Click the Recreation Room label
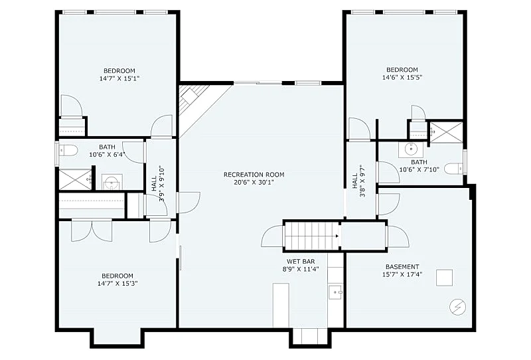click(x=254, y=175)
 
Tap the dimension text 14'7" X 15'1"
click(x=119, y=78)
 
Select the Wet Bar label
click(x=301, y=261)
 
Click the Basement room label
click(x=402, y=267)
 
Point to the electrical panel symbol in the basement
click(x=457, y=307)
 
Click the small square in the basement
click(x=444, y=278)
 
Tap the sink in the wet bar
click(x=336, y=292)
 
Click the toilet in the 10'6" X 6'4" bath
click(x=68, y=150)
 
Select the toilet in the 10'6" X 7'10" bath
click(x=453, y=169)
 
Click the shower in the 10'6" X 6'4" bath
click(x=75, y=179)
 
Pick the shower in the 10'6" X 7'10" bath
click(x=446, y=132)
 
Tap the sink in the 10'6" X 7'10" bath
click(x=411, y=149)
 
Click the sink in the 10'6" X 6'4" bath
click(x=112, y=183)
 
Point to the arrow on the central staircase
click(x=337, y=236)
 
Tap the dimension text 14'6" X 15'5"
click(x=402, y=77)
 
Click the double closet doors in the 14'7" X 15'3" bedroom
click(x=92, y=230)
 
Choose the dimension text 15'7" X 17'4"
click(x=402, y=274)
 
